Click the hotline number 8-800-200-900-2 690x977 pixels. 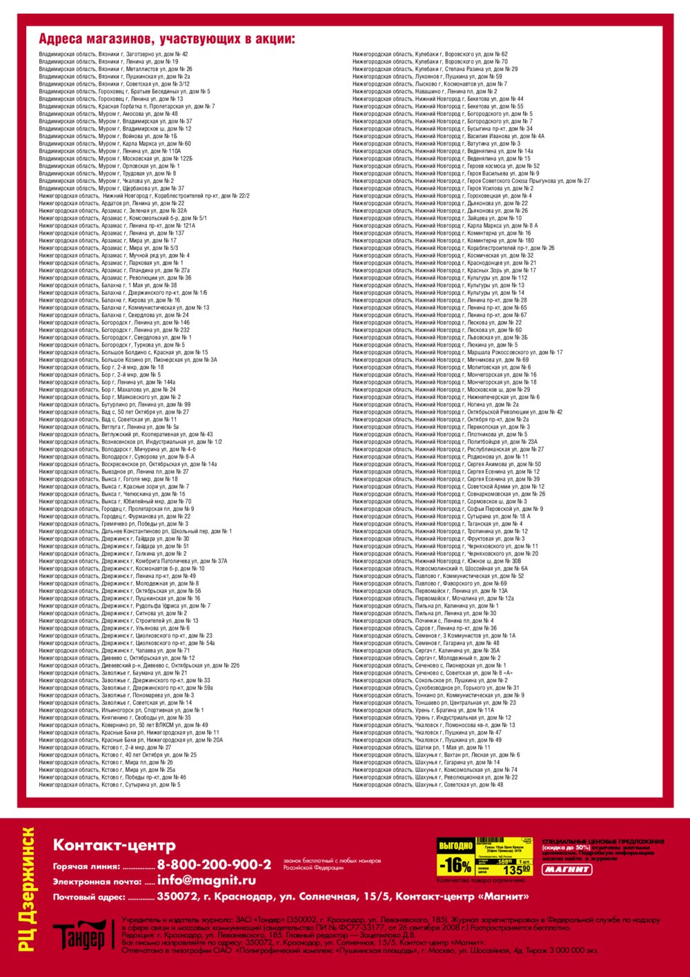click(x=214, y=864)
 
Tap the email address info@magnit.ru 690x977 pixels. click(x=206, y=880)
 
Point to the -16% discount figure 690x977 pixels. click(x=456, y=865)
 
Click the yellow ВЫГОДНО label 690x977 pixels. click(x=455, y=845)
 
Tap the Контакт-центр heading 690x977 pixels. click(x=115, y=845)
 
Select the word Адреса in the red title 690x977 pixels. click(x=61, y=38)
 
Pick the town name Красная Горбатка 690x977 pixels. click(x=123, y=106)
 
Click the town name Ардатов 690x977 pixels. click(x=112, y=203)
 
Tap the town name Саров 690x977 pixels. click(x=424, y=628)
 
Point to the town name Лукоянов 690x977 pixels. click(x=428, y=77)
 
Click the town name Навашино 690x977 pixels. click(x=428, y=91)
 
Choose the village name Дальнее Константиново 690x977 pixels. click(x=136, y=531)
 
